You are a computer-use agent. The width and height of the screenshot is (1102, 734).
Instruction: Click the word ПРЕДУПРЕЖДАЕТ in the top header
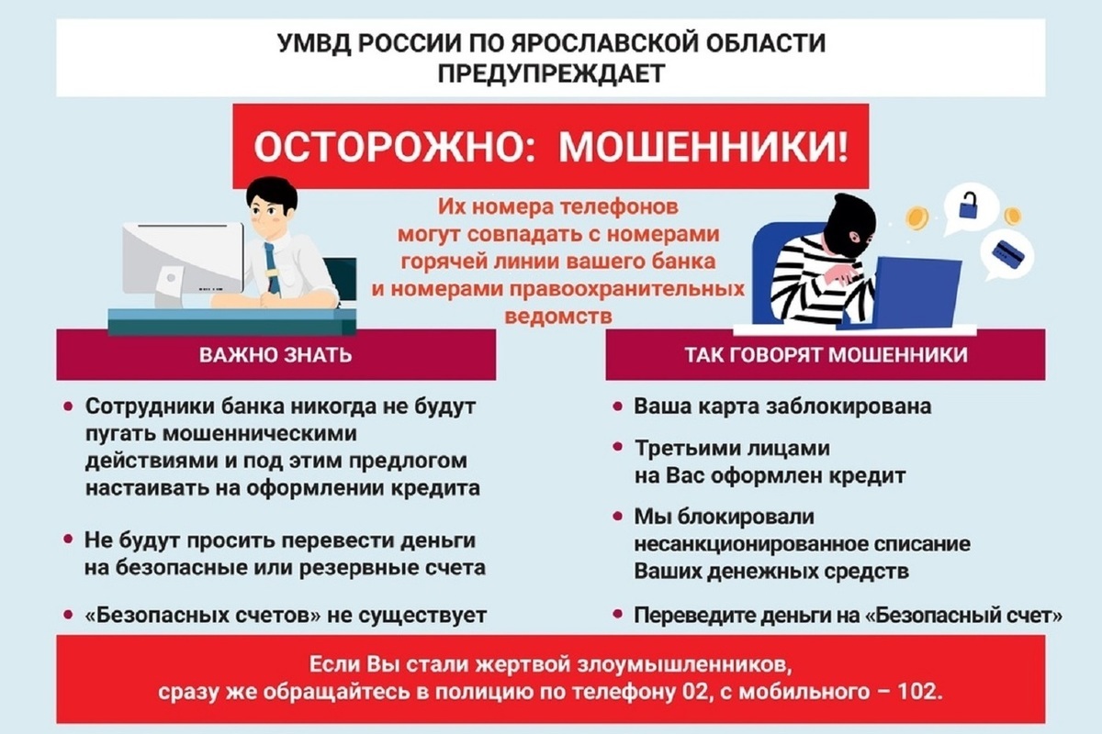pos(551,73)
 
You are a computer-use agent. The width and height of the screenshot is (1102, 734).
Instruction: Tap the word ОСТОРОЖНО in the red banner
pos(388,148)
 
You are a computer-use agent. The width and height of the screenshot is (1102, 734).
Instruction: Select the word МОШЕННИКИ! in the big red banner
pos(704,148)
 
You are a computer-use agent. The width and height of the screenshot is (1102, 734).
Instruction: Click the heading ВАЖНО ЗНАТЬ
pos(275,354)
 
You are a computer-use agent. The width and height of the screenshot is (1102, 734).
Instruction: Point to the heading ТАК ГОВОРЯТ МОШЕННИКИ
pos(826,354)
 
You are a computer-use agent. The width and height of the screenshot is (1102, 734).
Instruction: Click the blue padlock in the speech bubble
pos(968,206)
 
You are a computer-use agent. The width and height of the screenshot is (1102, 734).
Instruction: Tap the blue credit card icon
pos(1008,253)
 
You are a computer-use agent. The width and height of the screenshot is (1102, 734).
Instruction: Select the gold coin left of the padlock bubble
pos(917,218)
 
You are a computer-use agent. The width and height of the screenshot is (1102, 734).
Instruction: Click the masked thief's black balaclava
pos(849,225)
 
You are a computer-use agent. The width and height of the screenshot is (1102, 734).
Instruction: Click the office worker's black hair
pos(272,193)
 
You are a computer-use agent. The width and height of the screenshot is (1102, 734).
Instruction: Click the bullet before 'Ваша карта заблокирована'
pos(617,406)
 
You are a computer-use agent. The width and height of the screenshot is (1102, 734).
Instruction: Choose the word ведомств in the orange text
pos(558,317)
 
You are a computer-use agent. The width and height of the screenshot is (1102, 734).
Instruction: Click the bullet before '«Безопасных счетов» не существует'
pos(69,615)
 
